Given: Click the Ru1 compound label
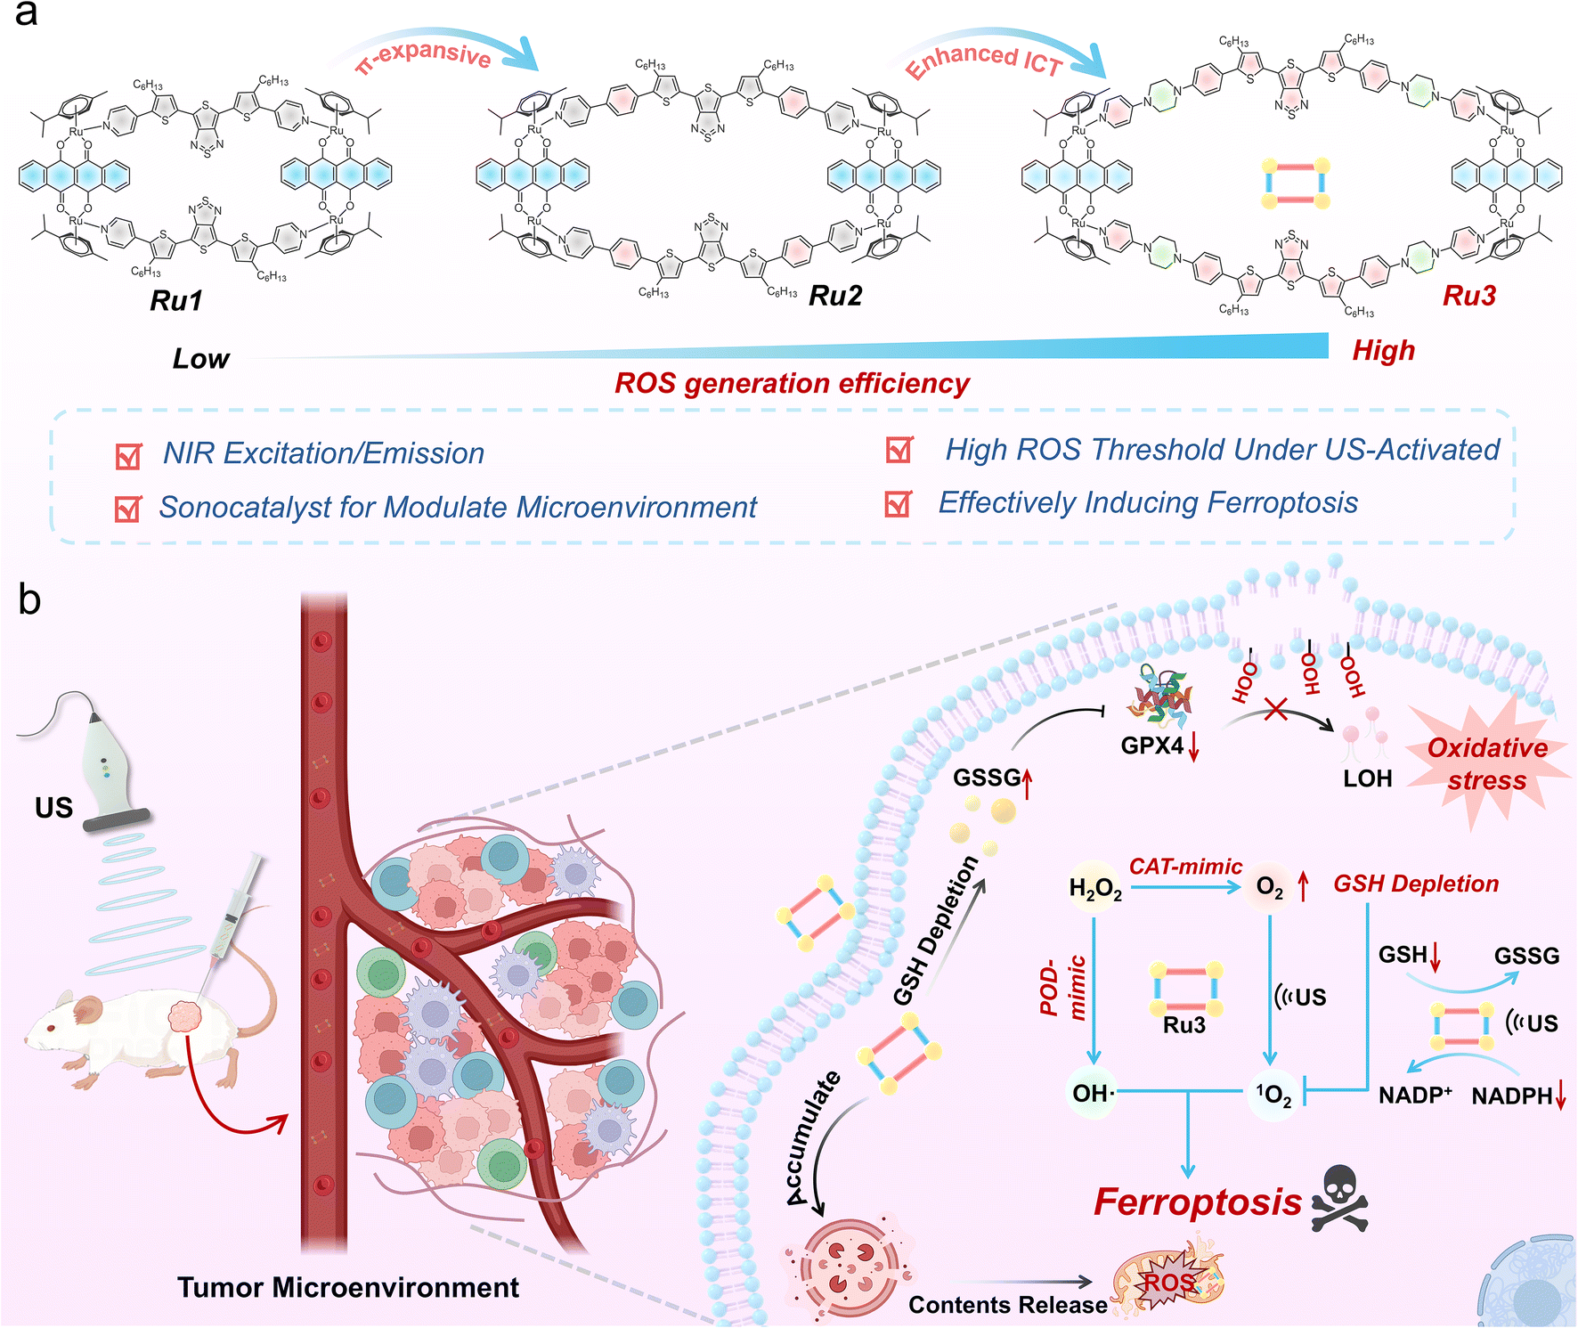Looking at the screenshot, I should (x=176, y=301).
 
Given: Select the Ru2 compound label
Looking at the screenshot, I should (x=835, y=296).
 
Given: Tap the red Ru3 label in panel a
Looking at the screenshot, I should (x=1469, y=296).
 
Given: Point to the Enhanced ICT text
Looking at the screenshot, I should (x=983, y=60).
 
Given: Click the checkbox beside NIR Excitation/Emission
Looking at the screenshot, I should (x=129, y=456).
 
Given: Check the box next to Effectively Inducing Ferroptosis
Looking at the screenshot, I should (x=899, y=504).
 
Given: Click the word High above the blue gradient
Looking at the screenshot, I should (x=1383, y=351).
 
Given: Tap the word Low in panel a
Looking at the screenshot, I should (x=200, y=359).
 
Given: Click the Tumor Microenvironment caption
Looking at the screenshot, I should (x=347, y=1288).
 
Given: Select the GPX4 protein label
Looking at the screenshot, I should (x=1152, y=745).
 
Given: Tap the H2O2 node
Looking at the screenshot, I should (x=1095, y=889).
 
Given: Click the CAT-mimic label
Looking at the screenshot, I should (x=1185, y=867).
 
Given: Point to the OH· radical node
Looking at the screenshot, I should (x=1093, y=1093).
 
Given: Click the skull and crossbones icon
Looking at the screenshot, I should (x=1339, y=1200).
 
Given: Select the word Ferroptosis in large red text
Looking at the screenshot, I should (x=1198, y=1202).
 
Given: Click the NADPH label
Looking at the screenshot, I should (x=1511, y=1096).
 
